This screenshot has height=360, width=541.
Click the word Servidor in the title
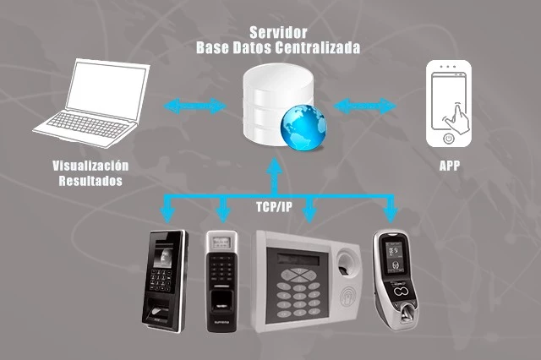pos(276,32)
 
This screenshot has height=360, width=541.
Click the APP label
pos(450,166)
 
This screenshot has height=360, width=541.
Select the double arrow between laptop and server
pos(196,106)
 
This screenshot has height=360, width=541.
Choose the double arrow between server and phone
pos(366,106)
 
